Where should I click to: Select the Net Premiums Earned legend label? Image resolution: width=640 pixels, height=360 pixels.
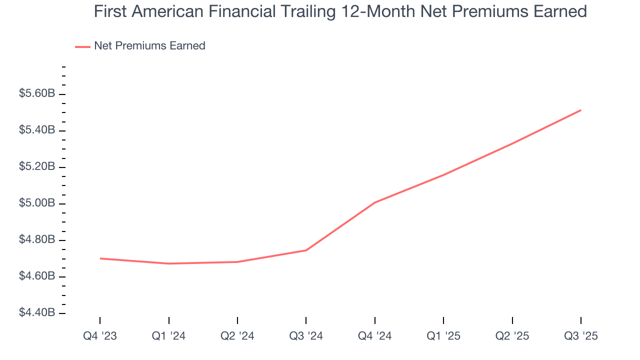(149, 46)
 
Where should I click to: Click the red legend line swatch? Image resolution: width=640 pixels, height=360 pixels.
(82, 46)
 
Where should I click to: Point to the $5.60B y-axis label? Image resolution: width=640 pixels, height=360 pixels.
(37, 94)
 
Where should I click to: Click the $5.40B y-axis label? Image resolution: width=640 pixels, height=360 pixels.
(37, 130)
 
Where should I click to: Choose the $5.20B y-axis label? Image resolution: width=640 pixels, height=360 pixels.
(37, 167)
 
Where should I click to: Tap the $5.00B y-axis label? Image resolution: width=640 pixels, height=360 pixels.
(37, 203)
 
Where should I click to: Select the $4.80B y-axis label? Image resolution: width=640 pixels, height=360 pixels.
(37, 240)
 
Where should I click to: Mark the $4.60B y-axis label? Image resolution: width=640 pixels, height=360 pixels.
(37, 276)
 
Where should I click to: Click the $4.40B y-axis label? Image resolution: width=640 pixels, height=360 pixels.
(37, 313)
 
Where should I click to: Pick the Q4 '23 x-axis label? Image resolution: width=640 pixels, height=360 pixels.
(100, 336)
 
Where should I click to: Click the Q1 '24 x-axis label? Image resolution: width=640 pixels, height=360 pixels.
(168, 336)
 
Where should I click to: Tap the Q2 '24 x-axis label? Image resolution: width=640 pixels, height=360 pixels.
(237, 336)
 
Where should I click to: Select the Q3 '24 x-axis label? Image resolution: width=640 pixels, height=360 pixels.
(306, 336)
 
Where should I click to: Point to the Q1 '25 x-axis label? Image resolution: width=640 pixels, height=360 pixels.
(443, 336)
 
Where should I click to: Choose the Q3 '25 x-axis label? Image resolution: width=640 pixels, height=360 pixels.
(580, 336)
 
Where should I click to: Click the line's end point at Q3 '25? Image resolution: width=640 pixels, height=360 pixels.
(580, 110)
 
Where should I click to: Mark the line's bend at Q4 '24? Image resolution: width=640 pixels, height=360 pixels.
(374, 202)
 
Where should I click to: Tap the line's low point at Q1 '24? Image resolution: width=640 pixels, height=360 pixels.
(168, 263)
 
